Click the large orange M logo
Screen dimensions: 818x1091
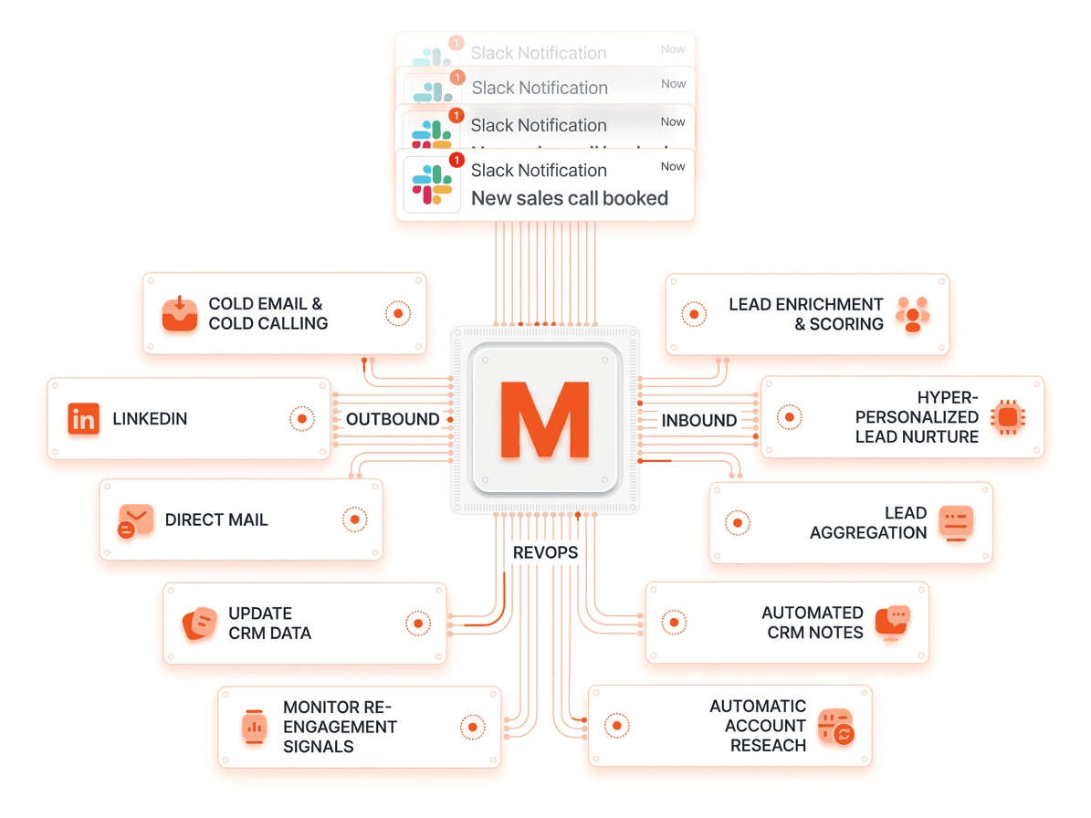click(x=544, y=421)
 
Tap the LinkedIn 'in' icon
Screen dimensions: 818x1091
click(x=84, y=419)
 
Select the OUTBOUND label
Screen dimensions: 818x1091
click(x=393, y=420)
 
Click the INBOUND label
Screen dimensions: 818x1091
click(x=699, y=421)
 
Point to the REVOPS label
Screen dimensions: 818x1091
click(x=545, y=552)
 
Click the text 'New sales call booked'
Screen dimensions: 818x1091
click(x=570, y=198)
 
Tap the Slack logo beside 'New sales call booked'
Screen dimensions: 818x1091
click(x=432, y=184)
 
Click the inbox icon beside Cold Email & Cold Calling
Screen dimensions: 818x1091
click(x=180, y=313)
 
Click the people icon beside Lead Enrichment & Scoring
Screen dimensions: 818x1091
click(x=912, y=314)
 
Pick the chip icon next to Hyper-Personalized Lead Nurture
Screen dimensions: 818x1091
click(x=1007, y=417)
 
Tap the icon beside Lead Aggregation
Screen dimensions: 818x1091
click(x=956, y=523)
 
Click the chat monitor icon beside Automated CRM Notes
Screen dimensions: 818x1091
click(x=892, y=623)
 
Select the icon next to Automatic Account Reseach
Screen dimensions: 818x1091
click(x=835, y=726)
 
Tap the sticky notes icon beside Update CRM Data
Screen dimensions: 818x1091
click(x=199, y=624)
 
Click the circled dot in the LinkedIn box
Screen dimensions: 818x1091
click(x=301, y=419)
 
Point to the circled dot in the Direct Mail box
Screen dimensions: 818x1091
click(x=354, y=519)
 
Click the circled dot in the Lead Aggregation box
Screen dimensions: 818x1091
click(x=737, y=522)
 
